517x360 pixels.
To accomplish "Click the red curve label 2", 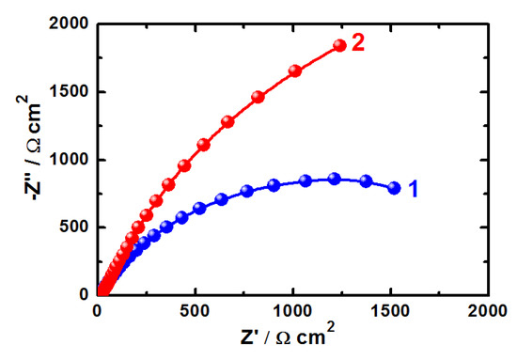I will point(358,44).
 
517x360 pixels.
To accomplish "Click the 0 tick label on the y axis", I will point(84,294).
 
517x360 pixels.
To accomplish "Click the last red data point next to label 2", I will point(339,46).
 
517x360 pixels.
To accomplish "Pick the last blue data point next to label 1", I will point(394,188).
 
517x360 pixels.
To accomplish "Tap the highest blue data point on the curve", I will point(334,179).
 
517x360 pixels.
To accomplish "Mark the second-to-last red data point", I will point(295,70).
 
